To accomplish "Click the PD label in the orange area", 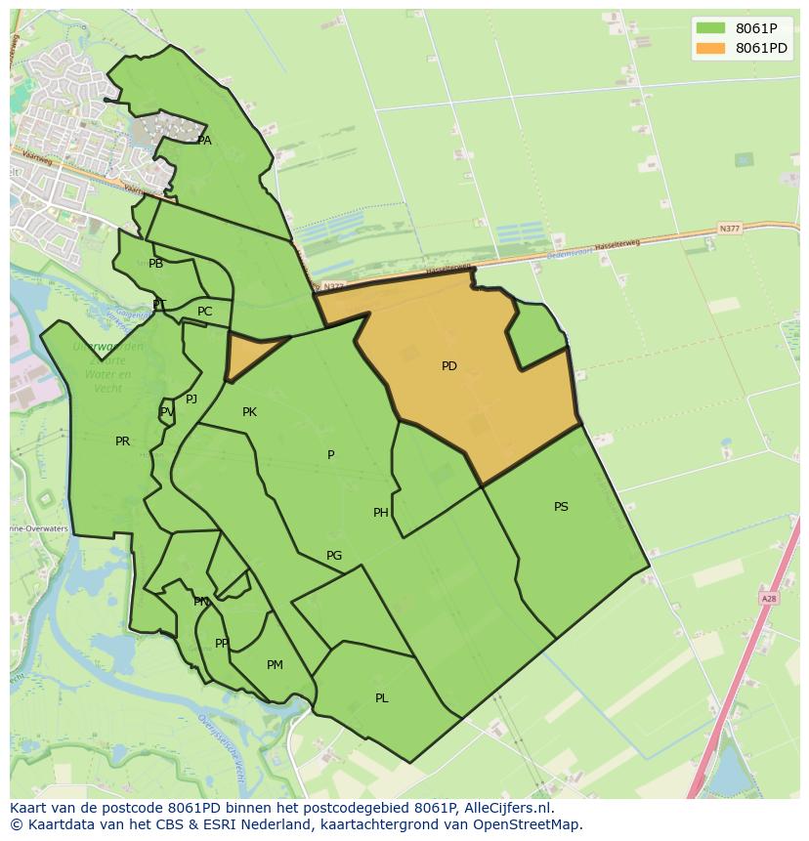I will pyautogui.click(x=448, y=366).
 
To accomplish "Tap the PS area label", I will pyautogui.click(x=561, y=507).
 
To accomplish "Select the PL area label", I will pyautogui.click(x=382, y=698).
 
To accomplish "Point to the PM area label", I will pyautogui.click(x=275, y=665).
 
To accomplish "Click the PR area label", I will pyautogui.click(x=122, y=442).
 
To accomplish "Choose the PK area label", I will pyautogui.click(x=249, y=412).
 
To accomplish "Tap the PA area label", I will pyautogui.click(x=204, y=141).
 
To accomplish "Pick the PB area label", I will pyautogui.click(x=156, y=264).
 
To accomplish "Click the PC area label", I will pyautogui.click(x=204, y=312).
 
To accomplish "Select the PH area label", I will pyautogui.click(x=381, y=513).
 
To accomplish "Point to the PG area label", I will pyautogui.click(x=334, y=556).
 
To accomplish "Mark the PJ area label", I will pyautogui.click(x=192, y=399).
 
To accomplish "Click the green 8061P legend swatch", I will pyautogui.click(x=711, y=28).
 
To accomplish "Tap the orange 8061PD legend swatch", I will pyautogui.click(x=711, y=48).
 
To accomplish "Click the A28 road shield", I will pyautogui.click(x=768, y=598).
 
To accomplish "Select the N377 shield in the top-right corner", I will pyautogui.click(x=729, y=229).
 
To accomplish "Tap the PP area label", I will pyautogui.click(x=222, y=644).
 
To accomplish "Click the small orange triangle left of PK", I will pyautogui.click(x=246, y=354).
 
